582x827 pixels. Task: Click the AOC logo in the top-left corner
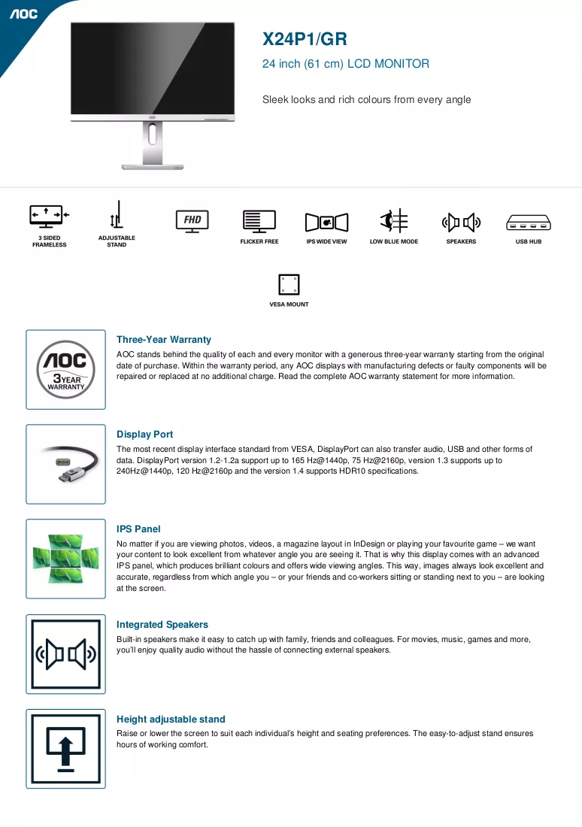tap(24, 14)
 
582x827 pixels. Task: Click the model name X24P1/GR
tap(305, 39)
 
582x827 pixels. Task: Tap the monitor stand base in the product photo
tap(153, 167)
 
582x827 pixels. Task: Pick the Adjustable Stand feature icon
tap(117, 215)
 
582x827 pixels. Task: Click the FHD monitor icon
tap(192, 222)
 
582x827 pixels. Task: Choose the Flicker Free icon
tap(259, 222)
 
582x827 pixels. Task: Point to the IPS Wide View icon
tap(326, 222)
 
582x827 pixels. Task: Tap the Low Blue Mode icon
tap(394, 220)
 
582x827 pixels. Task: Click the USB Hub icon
tap(528, 223)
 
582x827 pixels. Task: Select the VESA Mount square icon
tap(289, 285)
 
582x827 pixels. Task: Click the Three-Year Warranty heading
tap(164, 340)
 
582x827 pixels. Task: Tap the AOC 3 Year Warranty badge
tap(66, 369)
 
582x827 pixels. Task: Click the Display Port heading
tap(144, 434)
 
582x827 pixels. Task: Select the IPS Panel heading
tap(138, 529)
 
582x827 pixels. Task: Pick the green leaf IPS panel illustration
tap(66, 559)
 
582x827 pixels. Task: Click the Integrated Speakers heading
tap(162, 625)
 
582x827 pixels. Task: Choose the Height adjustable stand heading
tap(171, 719)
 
